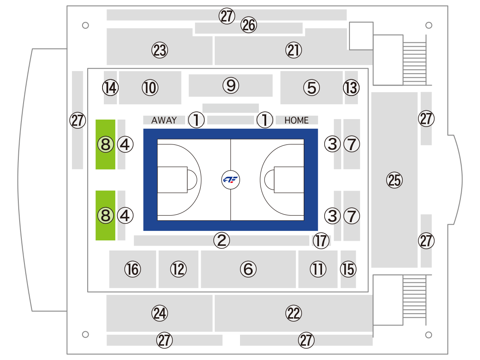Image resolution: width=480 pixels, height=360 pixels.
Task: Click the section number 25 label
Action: pos(394,180)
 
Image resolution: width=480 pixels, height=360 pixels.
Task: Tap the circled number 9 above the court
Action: pos(231,86)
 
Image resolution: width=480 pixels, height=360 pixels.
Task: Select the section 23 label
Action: pos(160,50)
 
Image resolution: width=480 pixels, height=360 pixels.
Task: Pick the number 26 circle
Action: pos(249,25)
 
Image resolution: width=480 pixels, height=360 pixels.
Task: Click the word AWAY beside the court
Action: pos(164,120)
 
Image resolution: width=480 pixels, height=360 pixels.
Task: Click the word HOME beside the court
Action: pos(296,120)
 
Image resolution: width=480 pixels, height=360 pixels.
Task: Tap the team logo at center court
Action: pos(230,180)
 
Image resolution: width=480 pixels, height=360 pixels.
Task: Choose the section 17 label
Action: pos(321,240)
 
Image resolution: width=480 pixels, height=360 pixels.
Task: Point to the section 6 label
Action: pos(248,269)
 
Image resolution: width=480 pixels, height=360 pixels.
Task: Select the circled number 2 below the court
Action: pos(222,240)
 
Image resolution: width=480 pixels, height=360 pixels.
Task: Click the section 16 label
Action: pos(133,269)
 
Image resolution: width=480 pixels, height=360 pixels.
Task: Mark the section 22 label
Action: pos(294,313)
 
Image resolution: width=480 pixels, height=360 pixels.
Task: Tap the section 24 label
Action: pos(160,313)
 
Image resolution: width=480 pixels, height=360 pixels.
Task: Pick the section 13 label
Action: pos(351,88)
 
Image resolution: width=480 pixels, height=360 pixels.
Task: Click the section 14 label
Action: pos(110,88)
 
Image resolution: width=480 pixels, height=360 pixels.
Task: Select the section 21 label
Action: pos(294,50)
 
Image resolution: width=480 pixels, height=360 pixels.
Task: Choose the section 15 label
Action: pos(348,269)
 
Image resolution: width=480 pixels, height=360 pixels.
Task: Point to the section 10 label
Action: pos(150,88)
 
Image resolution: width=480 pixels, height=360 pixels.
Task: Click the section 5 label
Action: pos(312,88)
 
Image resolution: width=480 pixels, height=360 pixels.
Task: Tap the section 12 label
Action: pos(178,269)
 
